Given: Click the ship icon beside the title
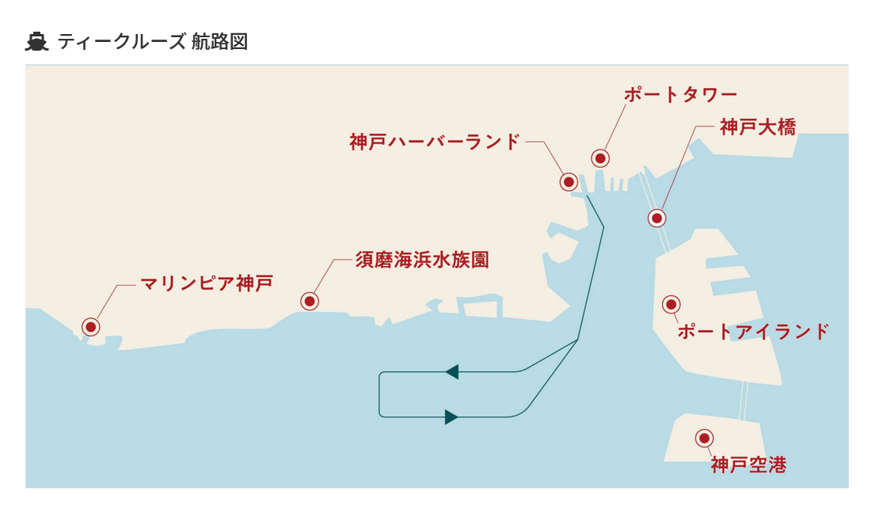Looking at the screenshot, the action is coord(37,42).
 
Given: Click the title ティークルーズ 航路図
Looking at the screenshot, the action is coord(153,42).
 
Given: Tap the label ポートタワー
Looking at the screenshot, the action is coord(680,95).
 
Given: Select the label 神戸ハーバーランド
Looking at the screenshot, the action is coord(435,142).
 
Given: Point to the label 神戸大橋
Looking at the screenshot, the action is coord(758,127).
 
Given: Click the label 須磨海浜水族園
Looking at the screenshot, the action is coord(422,260).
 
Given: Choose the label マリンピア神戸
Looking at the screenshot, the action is coord(207,283).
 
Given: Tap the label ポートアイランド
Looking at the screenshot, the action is coord(753,332).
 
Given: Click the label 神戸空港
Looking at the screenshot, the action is coord(748,465).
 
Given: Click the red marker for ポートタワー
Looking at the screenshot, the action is coord(600,158).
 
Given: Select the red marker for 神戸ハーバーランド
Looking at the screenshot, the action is coord(569,182).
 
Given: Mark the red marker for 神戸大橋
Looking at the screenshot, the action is coord(656,218).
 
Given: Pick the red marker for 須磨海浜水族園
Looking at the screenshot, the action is coord(310,302).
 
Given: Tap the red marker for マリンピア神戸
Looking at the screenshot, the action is coord(91,327).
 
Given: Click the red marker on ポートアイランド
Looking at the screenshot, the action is coord(671,304).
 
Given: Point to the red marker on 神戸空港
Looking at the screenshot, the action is coord(703,438).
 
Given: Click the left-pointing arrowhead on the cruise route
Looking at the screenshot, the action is coord(452,371).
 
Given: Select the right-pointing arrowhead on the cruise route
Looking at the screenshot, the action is coord(451,417).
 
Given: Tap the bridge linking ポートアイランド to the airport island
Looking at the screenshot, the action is coord(744,401).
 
